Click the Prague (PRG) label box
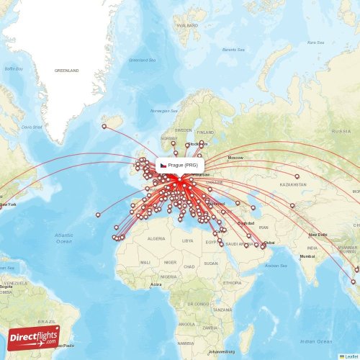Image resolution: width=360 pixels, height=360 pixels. [179, 165]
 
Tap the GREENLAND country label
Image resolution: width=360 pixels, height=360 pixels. [66, 71]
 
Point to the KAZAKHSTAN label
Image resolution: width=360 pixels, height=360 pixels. [293, 184]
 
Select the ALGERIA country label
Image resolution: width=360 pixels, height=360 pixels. [156, 238]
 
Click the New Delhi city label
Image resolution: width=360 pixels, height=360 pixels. [318, 235]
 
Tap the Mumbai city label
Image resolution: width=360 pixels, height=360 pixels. [307, 256]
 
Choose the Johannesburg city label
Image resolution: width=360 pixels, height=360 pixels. [222, 352]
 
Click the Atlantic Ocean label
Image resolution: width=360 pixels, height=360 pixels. [64, 238]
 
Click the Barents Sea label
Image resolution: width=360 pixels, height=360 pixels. [233, 49]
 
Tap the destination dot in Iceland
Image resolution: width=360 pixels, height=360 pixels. [104, 127]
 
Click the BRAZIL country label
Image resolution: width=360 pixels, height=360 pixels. [47, 321]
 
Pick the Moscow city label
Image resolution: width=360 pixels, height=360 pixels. [235, 157]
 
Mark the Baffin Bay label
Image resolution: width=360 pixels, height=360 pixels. [14, 68]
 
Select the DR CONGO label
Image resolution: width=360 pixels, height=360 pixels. [199, 304]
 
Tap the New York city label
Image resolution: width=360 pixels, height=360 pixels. [7, 204]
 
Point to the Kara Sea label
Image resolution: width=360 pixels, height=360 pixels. [315, 42]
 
